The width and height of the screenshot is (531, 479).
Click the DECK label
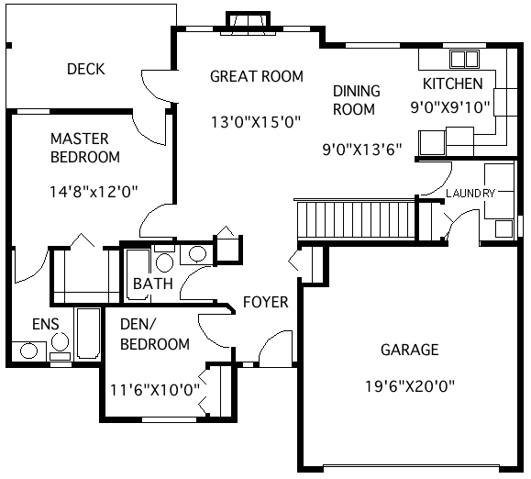pos(86,69)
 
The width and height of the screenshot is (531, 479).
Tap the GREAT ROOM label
pos(257,76)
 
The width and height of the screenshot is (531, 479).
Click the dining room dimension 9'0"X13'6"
pos(363,150)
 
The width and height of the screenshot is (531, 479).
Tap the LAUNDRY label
pos(470,193)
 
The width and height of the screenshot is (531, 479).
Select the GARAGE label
pos(409,350)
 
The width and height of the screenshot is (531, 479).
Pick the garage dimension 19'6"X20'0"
pos(409,386)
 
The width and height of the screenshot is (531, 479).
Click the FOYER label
pos(265,302)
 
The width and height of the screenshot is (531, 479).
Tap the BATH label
pos(152,284)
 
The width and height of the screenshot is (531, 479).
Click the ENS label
pos(45,324)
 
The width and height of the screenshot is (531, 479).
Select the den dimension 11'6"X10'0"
pos(155,389)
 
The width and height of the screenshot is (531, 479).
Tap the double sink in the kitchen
pos(464,60)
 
